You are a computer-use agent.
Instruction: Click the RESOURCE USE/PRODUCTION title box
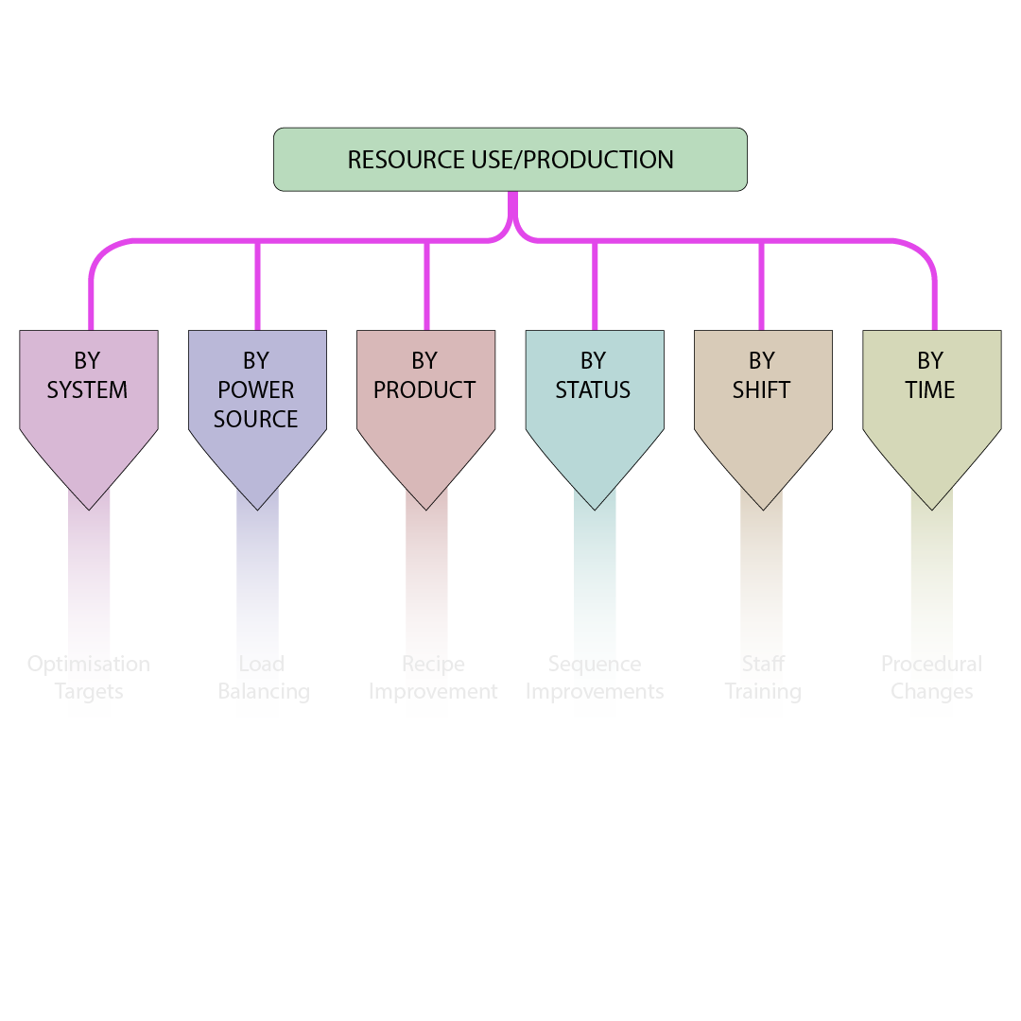[x=510, y=160]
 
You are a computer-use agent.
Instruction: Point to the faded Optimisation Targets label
[x=89, y=678]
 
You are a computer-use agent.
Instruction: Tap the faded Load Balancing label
[x=263, y=678]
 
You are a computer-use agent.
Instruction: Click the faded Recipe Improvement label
[x=433, y=678]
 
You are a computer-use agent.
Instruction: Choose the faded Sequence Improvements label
[x=595, y=678]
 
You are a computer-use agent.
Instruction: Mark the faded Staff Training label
[x=763, y=678]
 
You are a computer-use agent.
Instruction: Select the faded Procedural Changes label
[x=931, y=678]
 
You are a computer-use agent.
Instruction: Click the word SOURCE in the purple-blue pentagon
[x=255, y=419]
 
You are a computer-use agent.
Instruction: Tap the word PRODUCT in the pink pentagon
[x=424, y=389]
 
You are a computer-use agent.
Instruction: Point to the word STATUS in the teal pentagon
[x=593, y=389]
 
